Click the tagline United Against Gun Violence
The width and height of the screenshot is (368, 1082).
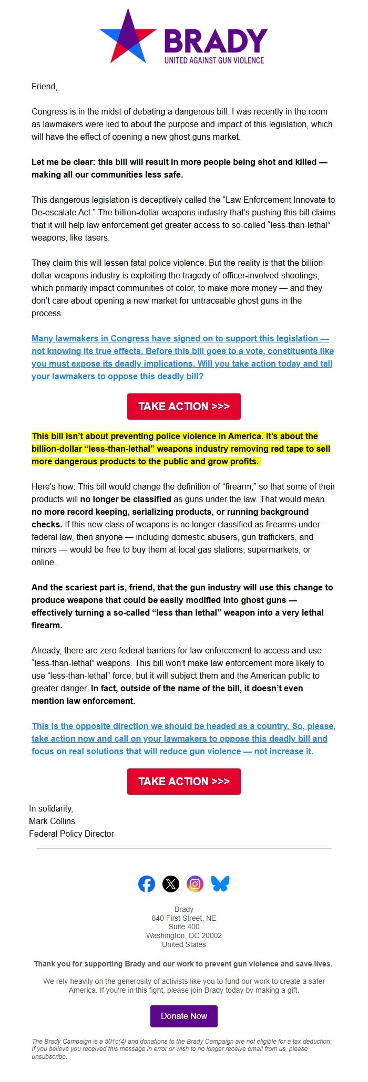214,60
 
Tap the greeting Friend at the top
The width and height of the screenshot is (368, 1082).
44,86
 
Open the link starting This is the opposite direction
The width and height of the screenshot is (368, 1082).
183,738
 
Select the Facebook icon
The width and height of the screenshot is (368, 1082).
147,884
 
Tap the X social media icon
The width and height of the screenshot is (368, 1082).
170,884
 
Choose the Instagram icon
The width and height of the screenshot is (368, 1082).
195,884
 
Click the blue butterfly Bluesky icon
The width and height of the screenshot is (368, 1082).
220,884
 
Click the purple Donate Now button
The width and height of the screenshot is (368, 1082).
184,1016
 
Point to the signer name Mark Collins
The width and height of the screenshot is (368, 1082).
52,821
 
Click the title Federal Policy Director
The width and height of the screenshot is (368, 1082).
71,834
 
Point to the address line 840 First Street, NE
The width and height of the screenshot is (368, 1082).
184,918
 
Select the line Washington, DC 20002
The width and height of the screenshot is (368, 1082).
184,935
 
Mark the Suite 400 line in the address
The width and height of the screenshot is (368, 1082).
184,927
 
